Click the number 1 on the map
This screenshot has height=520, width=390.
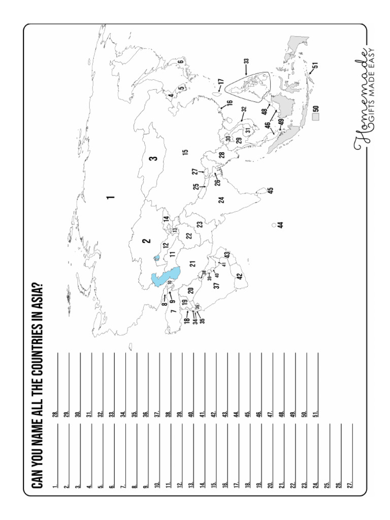tap(110, 197)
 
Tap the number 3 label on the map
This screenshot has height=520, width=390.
tap(153, 158)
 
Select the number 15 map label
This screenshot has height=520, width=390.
tap(185, 151)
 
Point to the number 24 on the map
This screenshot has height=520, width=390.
tap(221, 200)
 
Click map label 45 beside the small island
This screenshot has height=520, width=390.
tap(271, 190)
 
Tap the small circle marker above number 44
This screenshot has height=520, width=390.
tap(274, 224)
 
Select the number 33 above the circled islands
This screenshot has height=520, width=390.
tap(246, 61)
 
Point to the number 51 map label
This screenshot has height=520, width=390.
tap(315, 65)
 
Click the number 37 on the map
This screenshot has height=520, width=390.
tap(216, 286)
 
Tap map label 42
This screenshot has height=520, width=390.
tap(239, 276)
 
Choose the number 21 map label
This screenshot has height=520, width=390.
tap(192, 264)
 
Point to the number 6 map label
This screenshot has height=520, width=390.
tap(180, 62)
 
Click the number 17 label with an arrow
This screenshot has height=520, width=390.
tap(220, 82)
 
